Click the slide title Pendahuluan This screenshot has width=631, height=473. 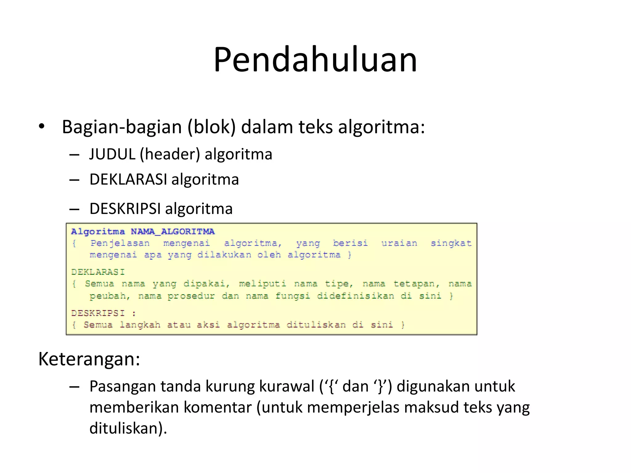tap(315, 59)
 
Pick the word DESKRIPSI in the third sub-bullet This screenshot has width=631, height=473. tap(125, 209)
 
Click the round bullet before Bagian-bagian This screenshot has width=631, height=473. tap(42, 126)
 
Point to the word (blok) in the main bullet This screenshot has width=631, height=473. tap(211, 127)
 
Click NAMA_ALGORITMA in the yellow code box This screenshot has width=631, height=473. tap(173, 231)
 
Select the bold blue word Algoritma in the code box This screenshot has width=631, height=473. tap(98, 232)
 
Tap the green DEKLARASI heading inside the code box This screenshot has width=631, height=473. tap(98, 272)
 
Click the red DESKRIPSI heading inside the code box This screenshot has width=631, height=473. tap(98, 313)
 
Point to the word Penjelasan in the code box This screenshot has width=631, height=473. tap(120, 243)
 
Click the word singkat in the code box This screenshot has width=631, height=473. tap(451, 243)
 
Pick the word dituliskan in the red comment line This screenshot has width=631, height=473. tap(316, 325)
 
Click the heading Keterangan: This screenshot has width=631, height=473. tap(89, 359)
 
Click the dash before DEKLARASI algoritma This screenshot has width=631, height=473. tap(74, 180)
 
